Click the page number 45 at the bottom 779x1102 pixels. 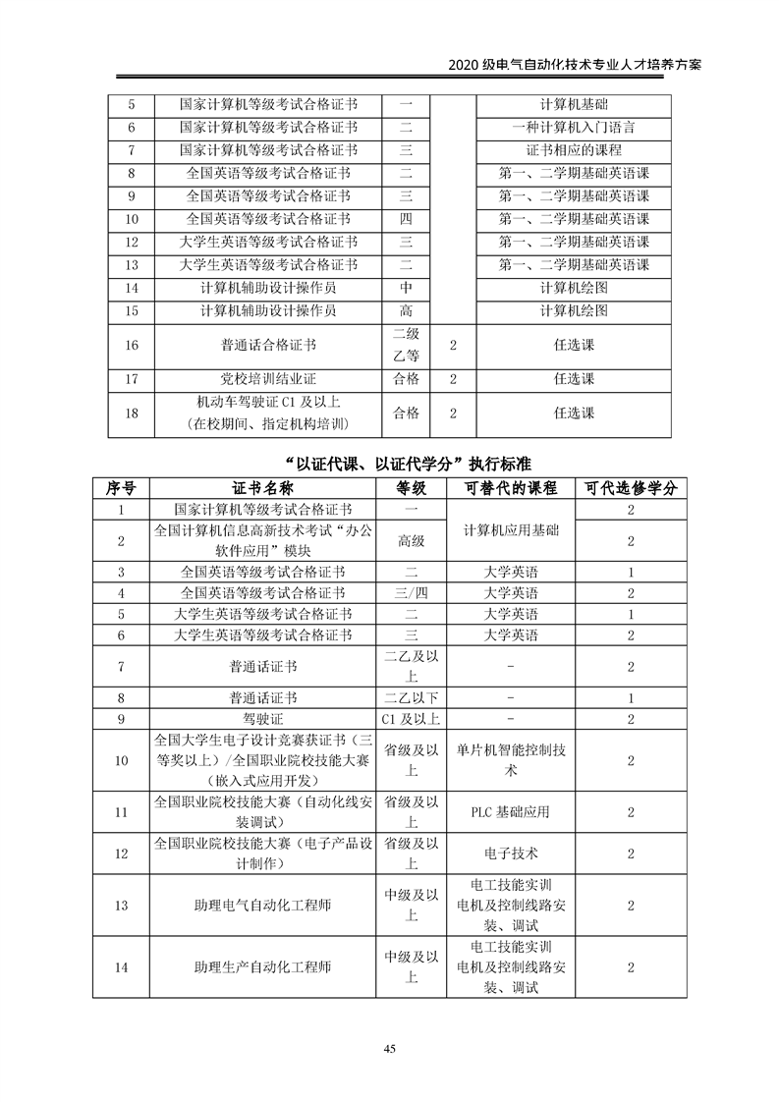(x=390, y=1050)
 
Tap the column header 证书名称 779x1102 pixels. (x=262, y=488)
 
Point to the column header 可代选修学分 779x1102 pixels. (x=630, y=488)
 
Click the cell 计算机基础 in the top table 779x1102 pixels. (x=573, y=104)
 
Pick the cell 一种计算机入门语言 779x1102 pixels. (x=573, y=128)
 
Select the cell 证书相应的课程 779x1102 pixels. (x=573, y=150)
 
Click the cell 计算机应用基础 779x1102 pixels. (x=509, y=529)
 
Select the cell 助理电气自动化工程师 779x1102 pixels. (x=262, y=906)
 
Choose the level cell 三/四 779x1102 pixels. (x=411, y=593)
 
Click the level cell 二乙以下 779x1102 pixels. (x=411, y=698)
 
